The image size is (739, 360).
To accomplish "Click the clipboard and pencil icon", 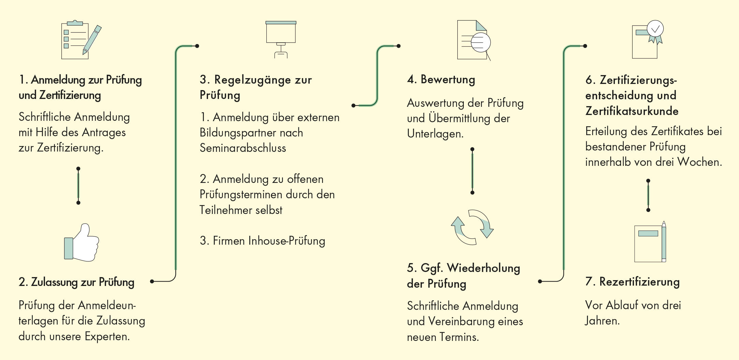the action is (x=81, y=40).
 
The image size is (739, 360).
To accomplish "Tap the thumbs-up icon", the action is (x=82, y=243).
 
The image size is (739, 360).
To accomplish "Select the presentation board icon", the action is (x=281, y=39).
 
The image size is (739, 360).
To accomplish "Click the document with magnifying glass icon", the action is (x=474, y=40).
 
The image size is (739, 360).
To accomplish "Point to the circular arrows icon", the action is (x=472, y=227).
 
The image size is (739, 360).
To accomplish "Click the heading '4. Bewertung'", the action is (x=441, y=80).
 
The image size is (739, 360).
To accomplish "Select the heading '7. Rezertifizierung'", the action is (x=633, y=282).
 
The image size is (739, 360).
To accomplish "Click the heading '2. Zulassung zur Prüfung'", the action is (x=76, y=282).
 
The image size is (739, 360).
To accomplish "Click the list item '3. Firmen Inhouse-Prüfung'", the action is (x=262, y=241).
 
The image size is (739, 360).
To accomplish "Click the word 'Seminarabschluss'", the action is (x=243, y=148).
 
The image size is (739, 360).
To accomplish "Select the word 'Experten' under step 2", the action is (x=107, y=337).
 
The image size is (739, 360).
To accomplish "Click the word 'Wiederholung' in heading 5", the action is (x=484, y=268).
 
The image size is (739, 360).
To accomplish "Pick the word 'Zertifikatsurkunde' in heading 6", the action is (x=632, y=111).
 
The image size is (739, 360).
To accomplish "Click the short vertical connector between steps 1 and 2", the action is (x=78, y=186).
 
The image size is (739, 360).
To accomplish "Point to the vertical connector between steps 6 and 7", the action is (x=648, y=195).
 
